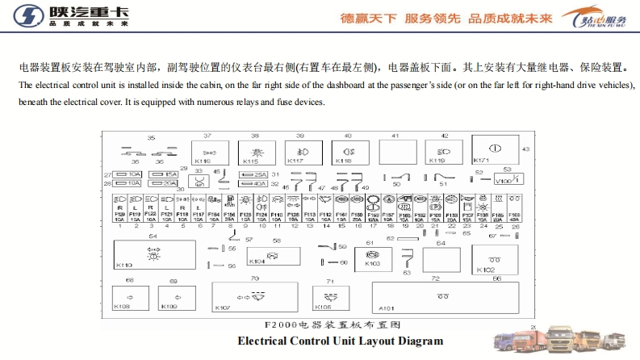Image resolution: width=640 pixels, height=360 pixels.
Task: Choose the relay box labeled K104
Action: coord(266,256)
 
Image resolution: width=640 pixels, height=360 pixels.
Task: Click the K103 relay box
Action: coord(378,257)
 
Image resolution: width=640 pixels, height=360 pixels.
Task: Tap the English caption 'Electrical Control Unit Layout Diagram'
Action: coord(341,341)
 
